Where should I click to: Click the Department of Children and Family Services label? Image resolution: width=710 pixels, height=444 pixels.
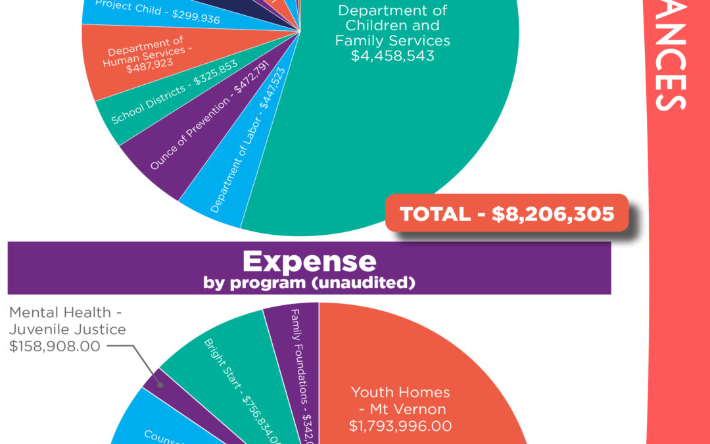[392, 26]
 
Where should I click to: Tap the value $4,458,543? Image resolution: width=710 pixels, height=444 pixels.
[392, 56]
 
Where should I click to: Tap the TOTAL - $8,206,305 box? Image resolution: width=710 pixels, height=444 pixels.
[506, 214]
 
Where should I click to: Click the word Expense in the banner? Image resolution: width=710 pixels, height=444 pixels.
[309, 261]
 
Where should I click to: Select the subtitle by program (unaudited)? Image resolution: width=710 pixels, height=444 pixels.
[309, 284]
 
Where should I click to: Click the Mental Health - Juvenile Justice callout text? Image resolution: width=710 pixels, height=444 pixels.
[68, 321]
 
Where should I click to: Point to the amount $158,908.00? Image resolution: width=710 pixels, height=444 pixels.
[55, 345]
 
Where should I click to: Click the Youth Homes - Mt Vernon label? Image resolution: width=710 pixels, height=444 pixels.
[400, 401]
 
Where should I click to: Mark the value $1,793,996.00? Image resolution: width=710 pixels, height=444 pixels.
[400, 426]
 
